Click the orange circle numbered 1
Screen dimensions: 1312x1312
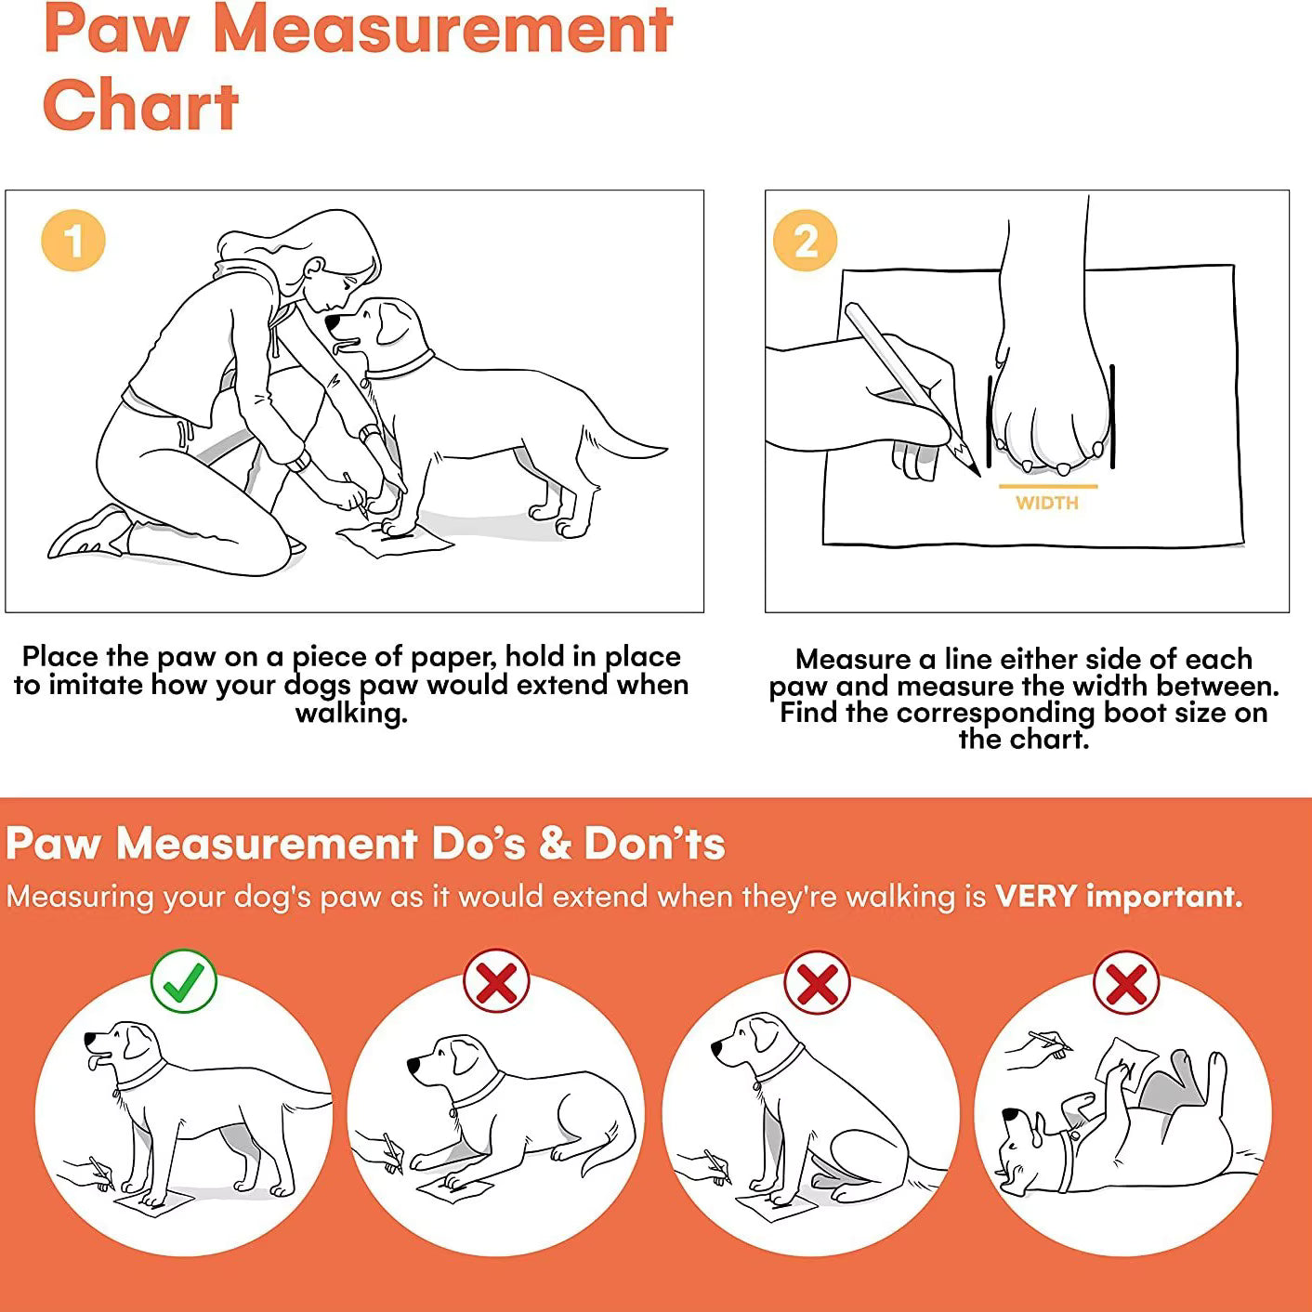coord(73,241)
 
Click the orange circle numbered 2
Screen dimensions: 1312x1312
coord(806,241)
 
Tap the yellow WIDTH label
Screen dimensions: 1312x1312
coord(1047,503)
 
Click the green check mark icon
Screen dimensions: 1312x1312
coord(184,981)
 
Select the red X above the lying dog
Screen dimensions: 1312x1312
coord(496,981)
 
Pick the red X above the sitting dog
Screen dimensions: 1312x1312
coord(817,982)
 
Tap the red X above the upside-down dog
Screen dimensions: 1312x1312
coord(1126,982)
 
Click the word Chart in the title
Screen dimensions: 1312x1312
coord(141,106)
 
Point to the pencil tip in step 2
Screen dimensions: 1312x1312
coord(977,473)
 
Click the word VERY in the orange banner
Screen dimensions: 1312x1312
coord(1036,896)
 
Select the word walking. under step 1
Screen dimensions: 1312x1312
coord(351,715)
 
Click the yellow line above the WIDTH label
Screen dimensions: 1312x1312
coord(1048,486)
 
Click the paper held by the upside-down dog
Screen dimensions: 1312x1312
coord(1126,1065)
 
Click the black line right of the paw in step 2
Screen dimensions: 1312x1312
coord(1112,416)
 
